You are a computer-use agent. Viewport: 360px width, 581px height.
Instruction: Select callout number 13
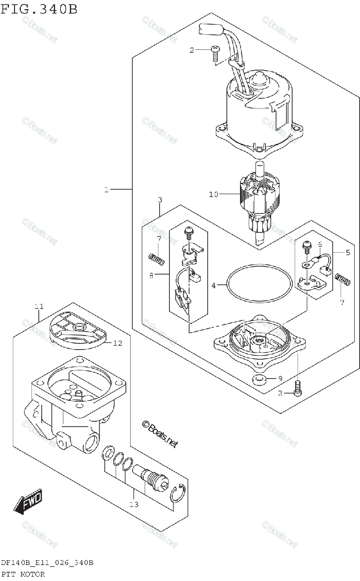[x=134, y=504]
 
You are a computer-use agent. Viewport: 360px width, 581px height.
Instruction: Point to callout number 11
[x=39, y=306]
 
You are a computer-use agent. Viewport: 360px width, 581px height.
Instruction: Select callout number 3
[x=160, y=199]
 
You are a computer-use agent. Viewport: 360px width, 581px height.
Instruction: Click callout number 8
[x=151, y=275]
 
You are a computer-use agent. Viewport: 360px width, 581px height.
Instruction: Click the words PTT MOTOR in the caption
[x=23, y=574]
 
